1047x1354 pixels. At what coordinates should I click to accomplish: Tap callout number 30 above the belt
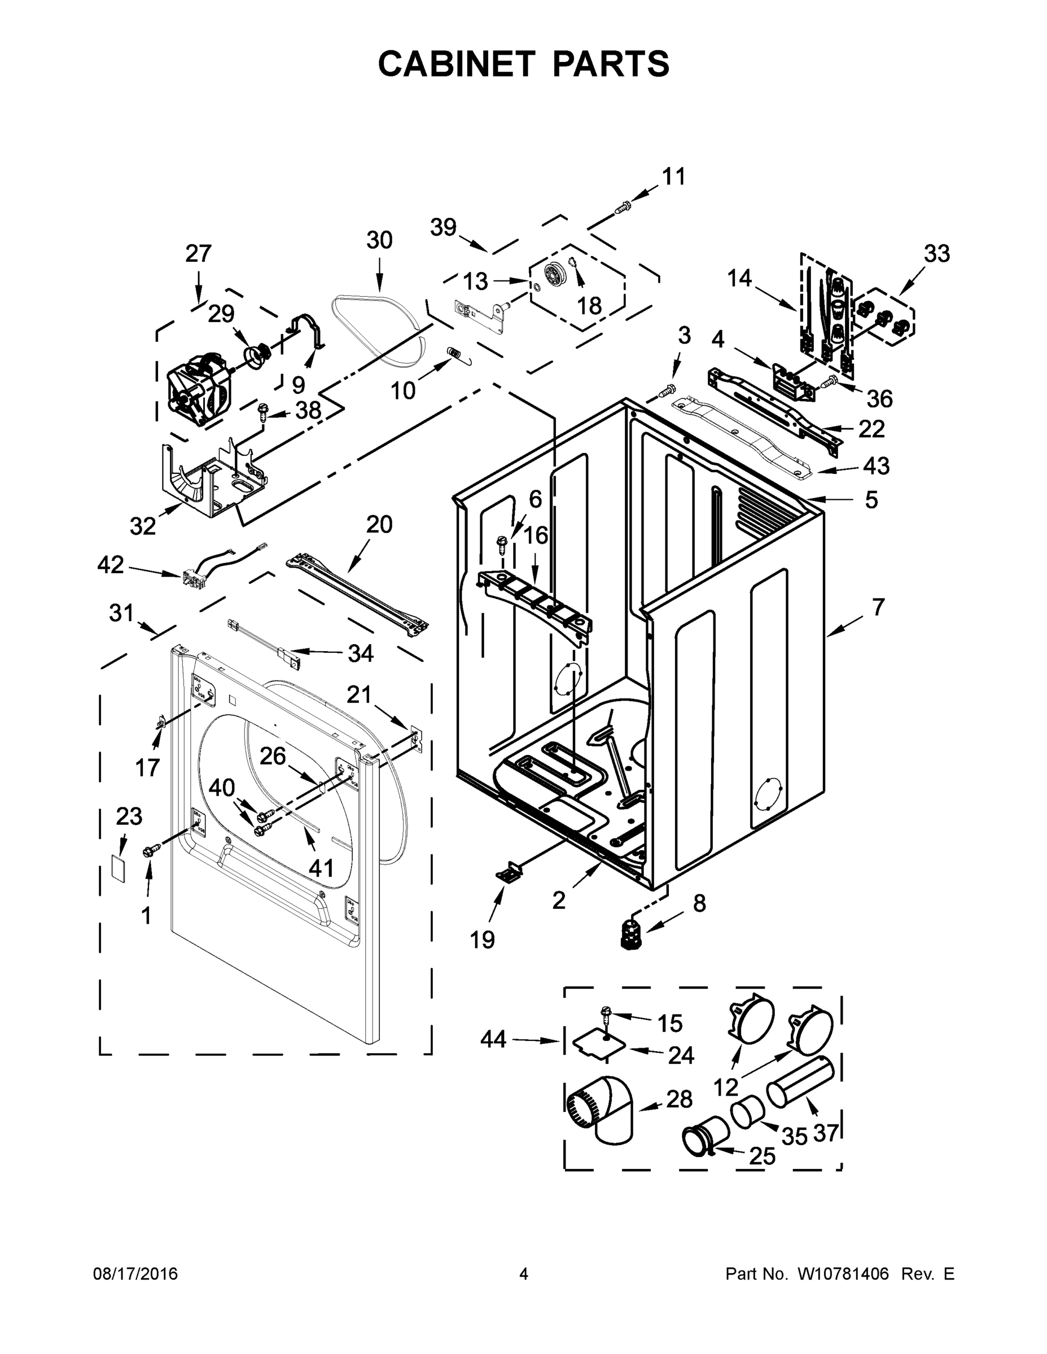[x=379, y=240]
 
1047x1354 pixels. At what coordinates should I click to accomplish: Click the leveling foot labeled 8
[x=631, y=933]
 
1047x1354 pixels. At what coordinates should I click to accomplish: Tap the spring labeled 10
[x=456, y=355]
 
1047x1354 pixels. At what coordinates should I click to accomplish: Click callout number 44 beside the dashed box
[x=493, y=1039]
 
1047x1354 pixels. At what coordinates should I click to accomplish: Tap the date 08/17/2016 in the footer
[x=135, y=1273]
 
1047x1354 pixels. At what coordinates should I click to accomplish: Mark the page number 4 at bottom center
[x=524, y=1273]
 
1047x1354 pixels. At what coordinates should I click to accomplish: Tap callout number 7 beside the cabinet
[x=878, y=608]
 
